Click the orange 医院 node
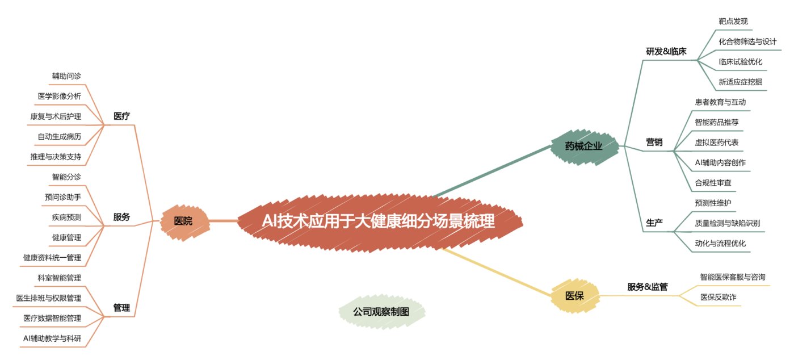[184, 222]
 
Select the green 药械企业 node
[584, 146]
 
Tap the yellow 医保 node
[574, 296]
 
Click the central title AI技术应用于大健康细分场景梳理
[379, 221]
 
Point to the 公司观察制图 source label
[381, 312]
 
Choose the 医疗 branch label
[121, 116]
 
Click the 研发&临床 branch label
[666, 52]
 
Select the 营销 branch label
[654, 142]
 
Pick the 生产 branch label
[654, 223]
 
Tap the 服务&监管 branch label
[647, 287]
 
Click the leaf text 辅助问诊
[66, 76]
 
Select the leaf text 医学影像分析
[60, 96]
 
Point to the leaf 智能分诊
[66, 177]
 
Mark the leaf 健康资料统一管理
[52, 257]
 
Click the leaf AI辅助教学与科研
[52, 338]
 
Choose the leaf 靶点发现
[733, 21]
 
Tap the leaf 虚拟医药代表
[716, 143]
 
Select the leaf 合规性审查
[713, 183]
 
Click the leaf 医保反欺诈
[718, 297]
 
